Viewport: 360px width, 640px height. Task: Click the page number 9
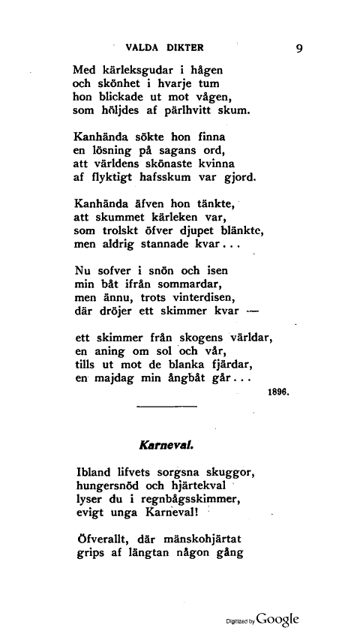coord(299,49)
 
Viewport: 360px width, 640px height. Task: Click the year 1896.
coord(278,392)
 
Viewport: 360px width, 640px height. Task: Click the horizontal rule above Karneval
coord(167,406)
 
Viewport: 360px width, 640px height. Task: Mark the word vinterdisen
coord(199,298)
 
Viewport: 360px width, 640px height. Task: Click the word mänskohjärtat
coord(213,539)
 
